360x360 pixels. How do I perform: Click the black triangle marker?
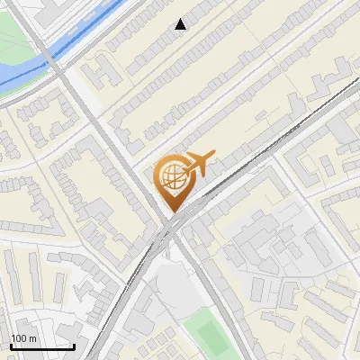[x=181, y=24]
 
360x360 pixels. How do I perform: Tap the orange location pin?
[x=172, y=181]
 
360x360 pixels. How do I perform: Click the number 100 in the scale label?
[x=20, y=338]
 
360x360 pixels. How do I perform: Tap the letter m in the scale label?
[x=33, y=338]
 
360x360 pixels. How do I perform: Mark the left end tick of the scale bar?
[x=10, y=345]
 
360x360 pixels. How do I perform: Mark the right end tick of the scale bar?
[x=74, y=345]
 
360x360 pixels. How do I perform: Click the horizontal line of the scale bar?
[x=41, y=346]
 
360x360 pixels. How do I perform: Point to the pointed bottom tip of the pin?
[x=172, y=210]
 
